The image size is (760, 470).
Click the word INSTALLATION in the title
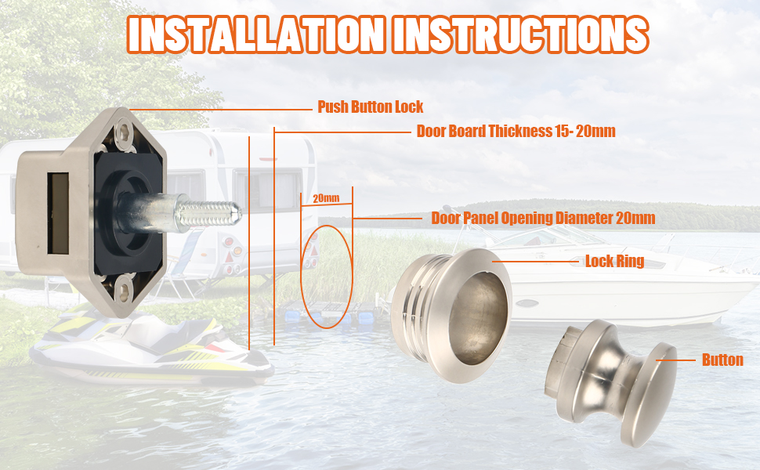tap(257, 34)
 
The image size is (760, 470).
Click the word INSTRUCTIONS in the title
tap(520, 34)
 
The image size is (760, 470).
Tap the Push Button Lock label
tap(371, 107)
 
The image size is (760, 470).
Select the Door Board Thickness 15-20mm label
tap(516, 131)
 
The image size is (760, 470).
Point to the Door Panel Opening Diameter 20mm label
tap(543, 218)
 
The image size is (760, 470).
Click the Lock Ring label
tap(614, 261)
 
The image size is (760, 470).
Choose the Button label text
tap(722, 360)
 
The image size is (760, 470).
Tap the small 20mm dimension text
tap(326, 198)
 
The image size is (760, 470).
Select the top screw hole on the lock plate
tap(125, 131)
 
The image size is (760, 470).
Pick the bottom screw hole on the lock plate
tap(125, 291)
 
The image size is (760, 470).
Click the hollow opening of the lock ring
tap(478, 318)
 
